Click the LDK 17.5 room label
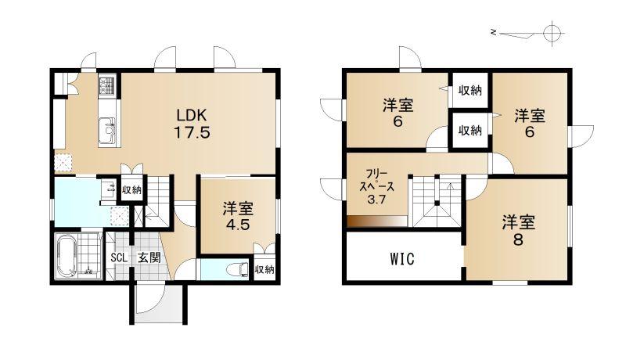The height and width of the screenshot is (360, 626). pos(192,124)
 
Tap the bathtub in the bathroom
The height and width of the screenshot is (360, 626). pos(66,256)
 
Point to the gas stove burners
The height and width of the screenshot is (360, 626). pos(107,85)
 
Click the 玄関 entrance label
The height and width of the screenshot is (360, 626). pos(149,257)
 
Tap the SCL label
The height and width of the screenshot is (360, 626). pos(119,257)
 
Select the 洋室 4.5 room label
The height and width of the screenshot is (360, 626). pos(238,216)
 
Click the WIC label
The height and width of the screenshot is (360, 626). pos(402,259)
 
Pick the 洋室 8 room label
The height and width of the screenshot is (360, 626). pos(518,231)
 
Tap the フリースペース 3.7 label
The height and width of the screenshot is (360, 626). pos(376,187)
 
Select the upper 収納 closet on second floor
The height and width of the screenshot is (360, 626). pos(470,90)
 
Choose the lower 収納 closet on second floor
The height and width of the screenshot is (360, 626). pos(470,130)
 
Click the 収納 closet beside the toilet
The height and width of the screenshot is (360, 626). pos(264,270)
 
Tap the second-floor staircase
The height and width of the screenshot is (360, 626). pos(437,203)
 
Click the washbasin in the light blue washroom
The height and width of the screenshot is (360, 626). pos(108,189)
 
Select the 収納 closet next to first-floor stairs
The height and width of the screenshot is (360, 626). pos(131,190)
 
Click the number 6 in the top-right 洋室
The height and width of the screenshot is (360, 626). pos(529,131)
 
